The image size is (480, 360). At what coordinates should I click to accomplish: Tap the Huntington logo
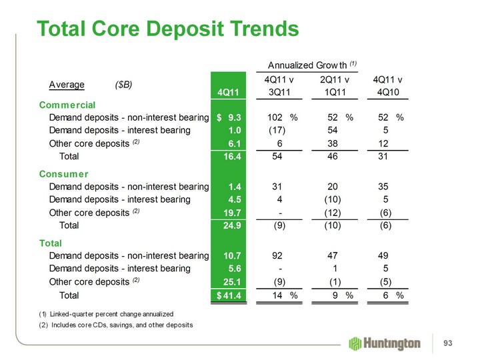tap(384, 343)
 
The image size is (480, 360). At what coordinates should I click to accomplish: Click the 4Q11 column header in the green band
tap(229, 92)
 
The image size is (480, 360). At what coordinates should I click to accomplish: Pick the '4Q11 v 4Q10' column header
tap(392, 86)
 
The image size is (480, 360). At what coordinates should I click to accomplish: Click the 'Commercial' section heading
tap(67, 105)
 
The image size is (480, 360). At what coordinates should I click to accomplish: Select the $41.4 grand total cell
tap(229, 295)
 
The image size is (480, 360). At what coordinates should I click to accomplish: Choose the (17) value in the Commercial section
tap(277, 130)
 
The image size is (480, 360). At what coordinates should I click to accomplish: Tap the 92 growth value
tap(277, 254)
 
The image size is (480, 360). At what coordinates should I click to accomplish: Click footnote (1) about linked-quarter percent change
tap(107, 313)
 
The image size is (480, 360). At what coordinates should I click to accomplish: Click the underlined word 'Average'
tap(67, 85)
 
